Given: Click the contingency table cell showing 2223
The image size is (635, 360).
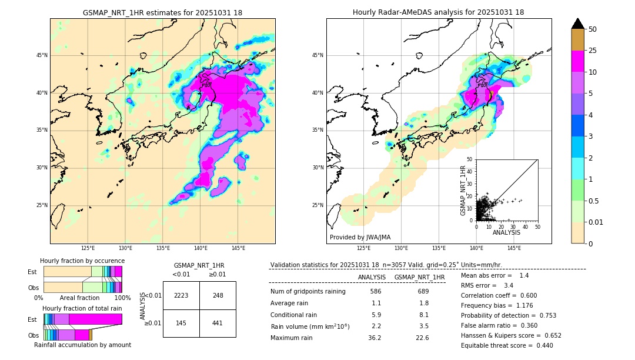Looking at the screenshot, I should click(181, 295).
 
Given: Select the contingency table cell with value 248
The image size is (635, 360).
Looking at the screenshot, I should click(218, 295).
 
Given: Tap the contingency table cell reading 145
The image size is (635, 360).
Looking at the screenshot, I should click(181, 323).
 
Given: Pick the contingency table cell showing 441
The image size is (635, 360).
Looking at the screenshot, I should click(218, 323).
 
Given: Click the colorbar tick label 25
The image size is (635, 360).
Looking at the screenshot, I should click(593, 51).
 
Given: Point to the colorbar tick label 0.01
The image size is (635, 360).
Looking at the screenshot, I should click(596, 222).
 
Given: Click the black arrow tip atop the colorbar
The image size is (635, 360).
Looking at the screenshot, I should click(578, 23).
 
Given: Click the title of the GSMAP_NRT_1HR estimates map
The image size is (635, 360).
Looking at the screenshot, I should click(162, 12).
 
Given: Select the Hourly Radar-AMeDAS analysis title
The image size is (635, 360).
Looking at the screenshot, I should click(438, 12).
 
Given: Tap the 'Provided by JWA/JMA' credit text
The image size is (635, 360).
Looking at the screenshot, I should click(360, 237).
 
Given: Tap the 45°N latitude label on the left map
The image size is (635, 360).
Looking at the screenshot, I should click(42, 55).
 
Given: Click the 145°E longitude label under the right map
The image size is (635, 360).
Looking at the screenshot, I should click(514, 248).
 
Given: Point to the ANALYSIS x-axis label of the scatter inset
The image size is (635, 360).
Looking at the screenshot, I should click(506, 232).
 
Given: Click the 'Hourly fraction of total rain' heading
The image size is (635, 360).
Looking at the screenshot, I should click(82, 308).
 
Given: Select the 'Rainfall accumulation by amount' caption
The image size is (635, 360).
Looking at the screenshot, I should click(82, 345).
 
